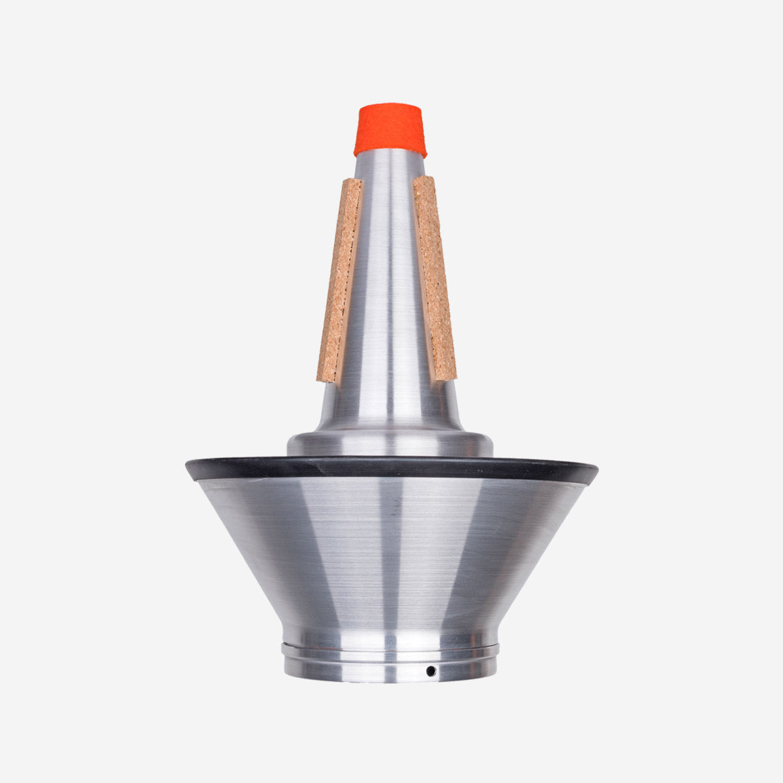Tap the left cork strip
click(339, 281)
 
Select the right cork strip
click(435, 277)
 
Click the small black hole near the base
click(430, 671)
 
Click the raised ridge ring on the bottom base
click(390, 649)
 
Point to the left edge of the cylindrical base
click(286, 662)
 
